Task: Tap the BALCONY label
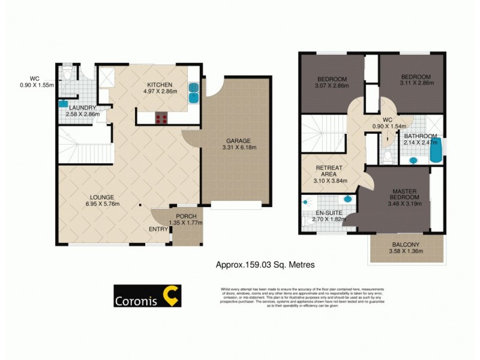[406, 244]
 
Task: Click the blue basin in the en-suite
[347, 199]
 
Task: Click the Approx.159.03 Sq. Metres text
[265, 264]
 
